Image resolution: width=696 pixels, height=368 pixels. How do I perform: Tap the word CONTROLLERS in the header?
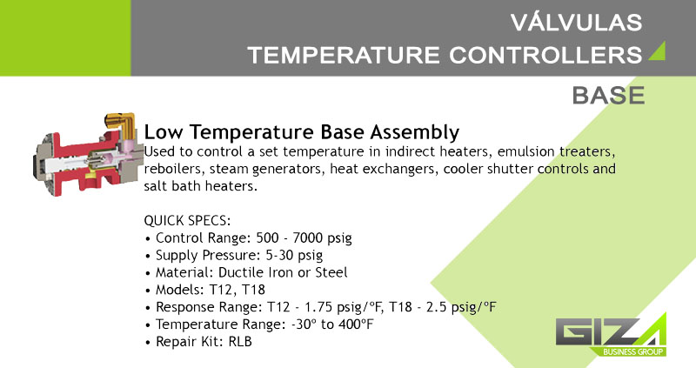tap(545, 55)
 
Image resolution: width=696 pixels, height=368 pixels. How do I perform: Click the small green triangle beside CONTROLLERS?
tap(659, 51)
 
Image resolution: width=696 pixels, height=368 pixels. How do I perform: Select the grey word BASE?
tap(608, 96)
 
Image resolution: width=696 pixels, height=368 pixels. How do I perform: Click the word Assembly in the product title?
tap(415, 132)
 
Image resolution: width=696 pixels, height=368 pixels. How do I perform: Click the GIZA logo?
tap(611, 333)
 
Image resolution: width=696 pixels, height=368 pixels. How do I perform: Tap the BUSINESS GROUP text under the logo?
tap(633, 351)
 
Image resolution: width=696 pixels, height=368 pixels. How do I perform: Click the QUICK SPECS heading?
tap(187, 221)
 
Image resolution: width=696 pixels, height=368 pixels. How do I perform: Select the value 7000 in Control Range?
tap(307, 238)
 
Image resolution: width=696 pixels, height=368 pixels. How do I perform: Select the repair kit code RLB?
tap(240, 342)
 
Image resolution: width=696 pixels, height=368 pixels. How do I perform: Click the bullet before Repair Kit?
tap(148, 343)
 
